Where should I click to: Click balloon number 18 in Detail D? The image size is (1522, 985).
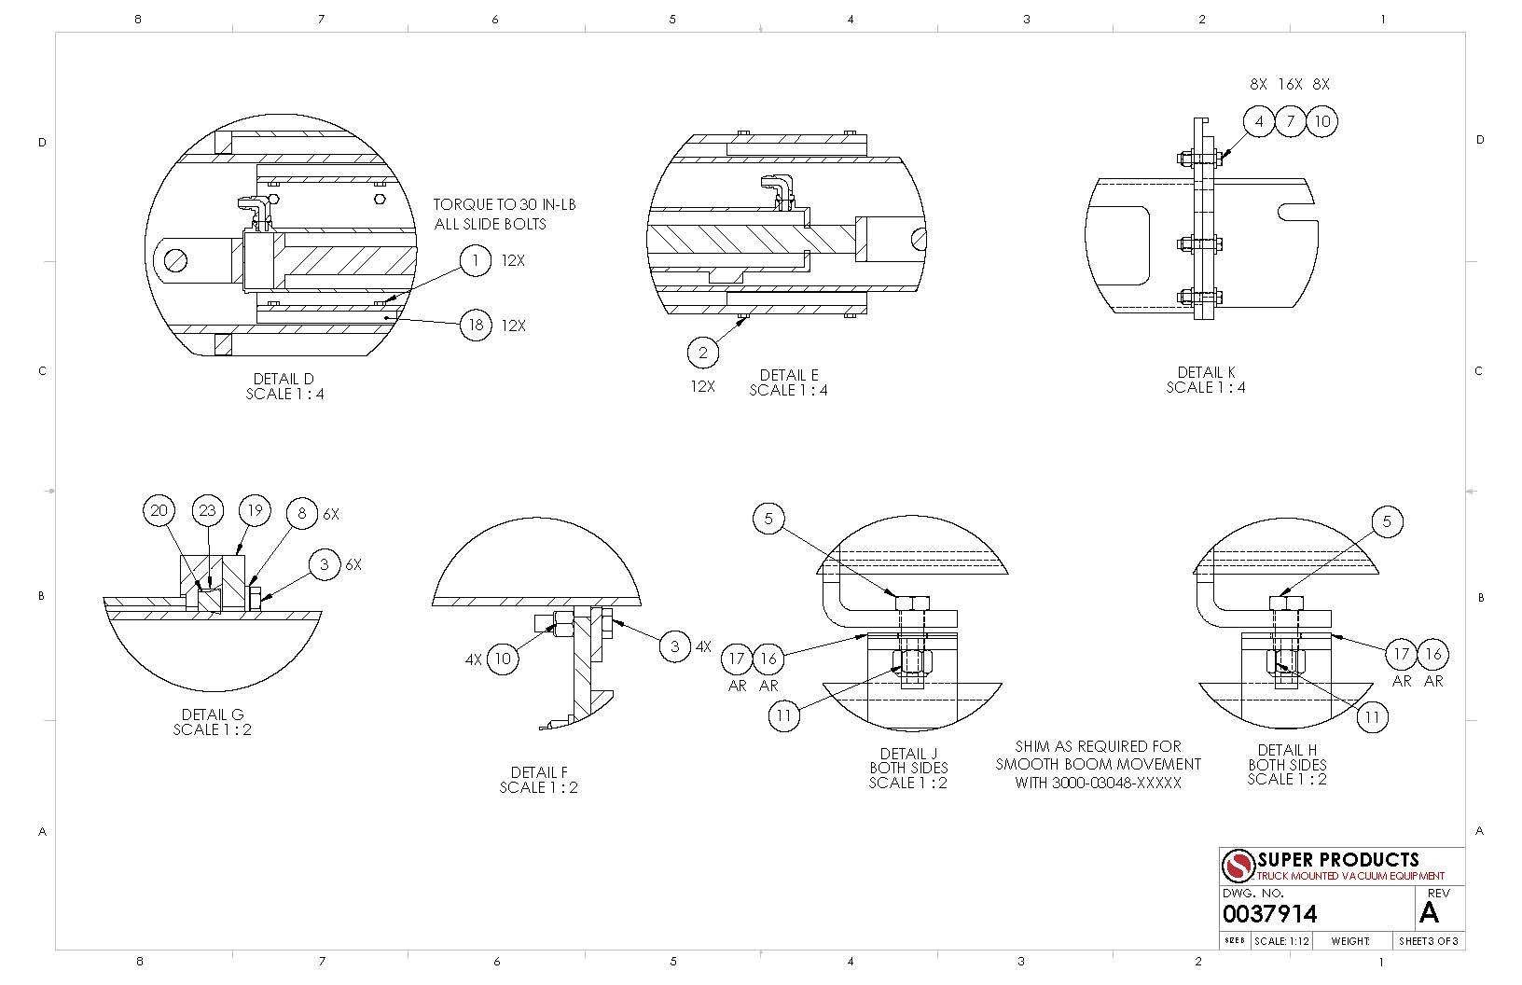click(476, 325)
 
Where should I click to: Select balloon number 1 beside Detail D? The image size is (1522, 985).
click(476, 260)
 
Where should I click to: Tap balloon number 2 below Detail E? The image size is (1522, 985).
click(703, 353)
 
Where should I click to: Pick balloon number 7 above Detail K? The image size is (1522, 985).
click(1291, 121)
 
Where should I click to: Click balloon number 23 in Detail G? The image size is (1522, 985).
click(207, 510)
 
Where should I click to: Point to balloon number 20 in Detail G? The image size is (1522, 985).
click(159, 510)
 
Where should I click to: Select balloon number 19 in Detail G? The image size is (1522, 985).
click(255, 510)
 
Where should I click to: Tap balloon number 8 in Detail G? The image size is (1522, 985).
click(302, 513)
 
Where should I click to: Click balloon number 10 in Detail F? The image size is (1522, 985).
click(503, 658)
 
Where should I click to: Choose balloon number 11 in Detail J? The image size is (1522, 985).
click(784, 715)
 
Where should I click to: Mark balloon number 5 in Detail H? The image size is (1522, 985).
click(1387, 521)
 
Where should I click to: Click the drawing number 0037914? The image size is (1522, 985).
click(1269, 913)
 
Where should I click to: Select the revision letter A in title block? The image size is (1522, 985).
click(1429, 913)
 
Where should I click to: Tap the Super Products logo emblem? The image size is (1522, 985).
click(1238, 866)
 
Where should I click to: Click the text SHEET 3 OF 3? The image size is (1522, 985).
click(1428, 941)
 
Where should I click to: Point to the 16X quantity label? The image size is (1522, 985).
click(1290, 84)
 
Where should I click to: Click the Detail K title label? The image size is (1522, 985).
click(1206, 372)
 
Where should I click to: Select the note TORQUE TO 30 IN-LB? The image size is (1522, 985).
click(505, 204)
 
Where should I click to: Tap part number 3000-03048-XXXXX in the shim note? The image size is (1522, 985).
click(1116, 783)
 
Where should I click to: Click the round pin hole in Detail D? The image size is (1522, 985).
click(176, 259)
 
